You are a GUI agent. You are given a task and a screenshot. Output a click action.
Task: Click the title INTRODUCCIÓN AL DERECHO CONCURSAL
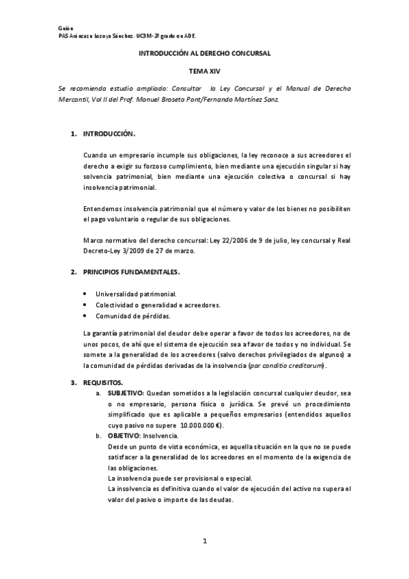point(205,53)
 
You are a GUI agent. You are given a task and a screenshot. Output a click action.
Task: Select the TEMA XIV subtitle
point(205,70)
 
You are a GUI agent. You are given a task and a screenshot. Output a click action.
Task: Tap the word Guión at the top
point(65,26)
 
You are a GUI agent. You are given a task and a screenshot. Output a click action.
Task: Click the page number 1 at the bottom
point(204,541)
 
